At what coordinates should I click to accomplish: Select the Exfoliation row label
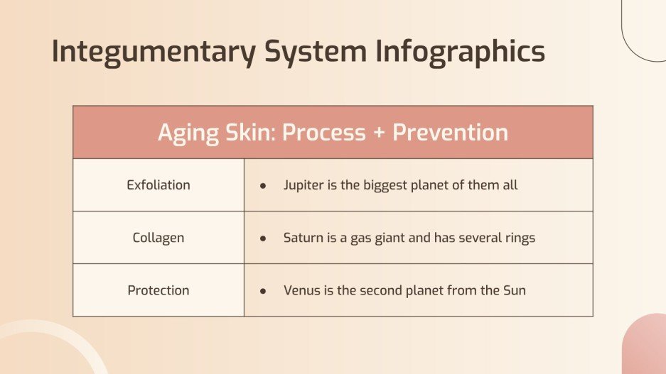pyautogui.click(x=159, y=185)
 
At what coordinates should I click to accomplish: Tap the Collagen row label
pyautogui.click(x=159, y=238)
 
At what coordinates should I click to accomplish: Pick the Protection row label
pyautogui.click(x=159, y=290)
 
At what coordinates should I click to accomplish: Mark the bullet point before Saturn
pyautogui.click(x=263, y=238)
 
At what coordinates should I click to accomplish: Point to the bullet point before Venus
pyautogui.click(x=263, y=291)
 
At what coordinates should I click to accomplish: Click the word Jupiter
pyautogui.click(x=304, y=185)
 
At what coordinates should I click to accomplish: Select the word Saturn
pyautogui.click(x=304, y=238)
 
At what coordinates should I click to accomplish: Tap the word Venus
pyautogui.click(x=301, y=290)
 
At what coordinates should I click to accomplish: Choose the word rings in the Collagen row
pyautogui.click(x=518, y=238)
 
